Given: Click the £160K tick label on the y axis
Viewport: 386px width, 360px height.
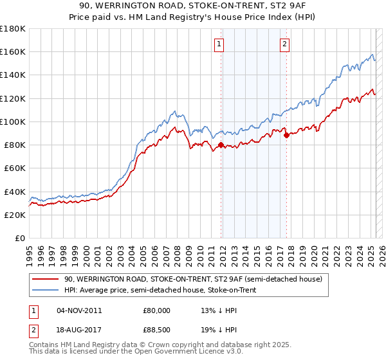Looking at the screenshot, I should click(13, 51).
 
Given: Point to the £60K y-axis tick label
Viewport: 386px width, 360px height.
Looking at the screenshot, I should click(15, 168).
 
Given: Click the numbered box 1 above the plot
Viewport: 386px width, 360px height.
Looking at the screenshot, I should click(220, 44).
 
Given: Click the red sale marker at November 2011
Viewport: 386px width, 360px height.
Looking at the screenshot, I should click(221, 145).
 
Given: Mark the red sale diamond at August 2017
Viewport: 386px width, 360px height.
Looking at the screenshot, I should click(286, 135).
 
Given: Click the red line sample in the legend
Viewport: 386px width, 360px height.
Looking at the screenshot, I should click(45, 279).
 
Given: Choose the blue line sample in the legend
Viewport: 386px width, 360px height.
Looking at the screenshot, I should click(45, 290).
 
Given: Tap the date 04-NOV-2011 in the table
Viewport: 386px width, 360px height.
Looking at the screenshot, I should click(80, 310).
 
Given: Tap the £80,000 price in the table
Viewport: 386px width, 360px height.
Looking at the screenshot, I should click(156, 310).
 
